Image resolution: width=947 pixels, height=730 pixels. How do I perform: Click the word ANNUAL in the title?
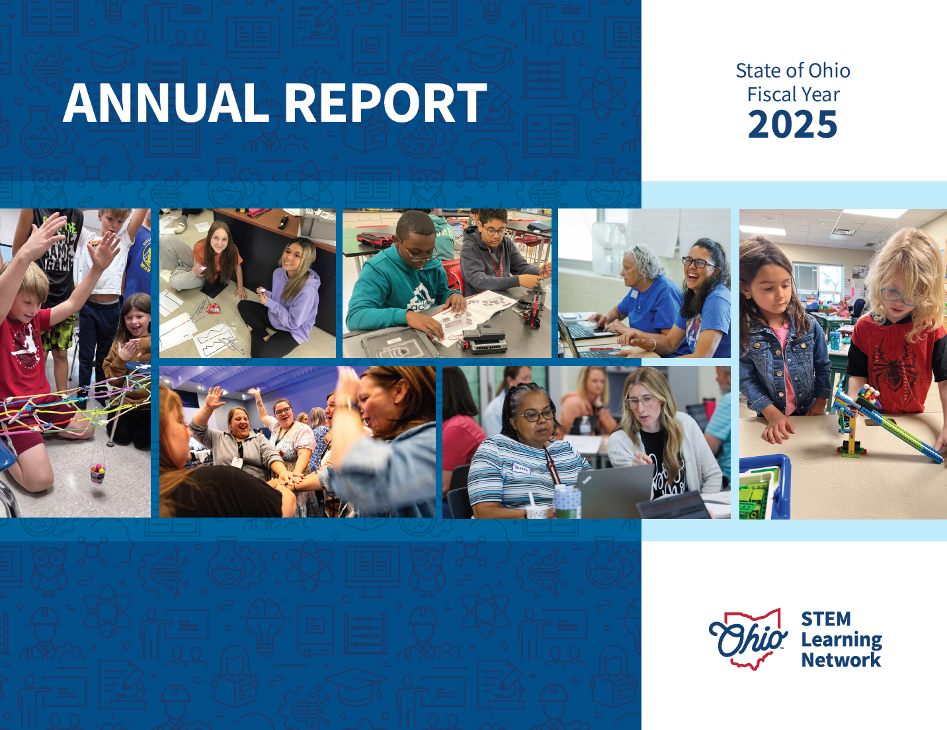coord(166,103)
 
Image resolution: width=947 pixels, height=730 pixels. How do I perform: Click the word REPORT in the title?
coord(386,103)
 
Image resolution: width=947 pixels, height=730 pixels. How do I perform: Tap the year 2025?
coord(792,124)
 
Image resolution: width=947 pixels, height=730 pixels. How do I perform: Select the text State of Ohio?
coord(792,71)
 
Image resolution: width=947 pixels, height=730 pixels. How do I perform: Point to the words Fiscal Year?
coord(793,95)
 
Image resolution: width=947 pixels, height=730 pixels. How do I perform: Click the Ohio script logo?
coord(747,639)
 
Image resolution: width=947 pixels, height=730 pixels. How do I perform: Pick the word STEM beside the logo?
coord(825,619)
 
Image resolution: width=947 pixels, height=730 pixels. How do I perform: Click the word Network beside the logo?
coord(841,660)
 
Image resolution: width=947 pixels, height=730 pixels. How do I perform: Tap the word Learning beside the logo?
coord(841,639)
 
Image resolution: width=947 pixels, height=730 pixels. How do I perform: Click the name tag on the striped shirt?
coord(520,468)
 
